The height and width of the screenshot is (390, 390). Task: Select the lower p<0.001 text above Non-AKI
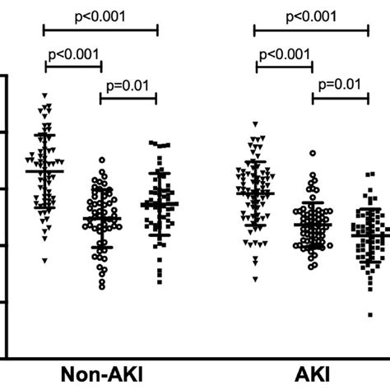click(72, 55)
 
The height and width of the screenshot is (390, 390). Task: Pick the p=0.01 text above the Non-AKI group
click(128, 83)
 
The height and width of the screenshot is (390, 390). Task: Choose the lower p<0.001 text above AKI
click(285, 55)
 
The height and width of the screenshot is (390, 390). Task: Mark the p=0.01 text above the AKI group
click(341, 83)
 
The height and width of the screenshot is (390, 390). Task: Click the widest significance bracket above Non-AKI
click(100, 30)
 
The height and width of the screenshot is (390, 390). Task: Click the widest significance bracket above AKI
click(312, 30)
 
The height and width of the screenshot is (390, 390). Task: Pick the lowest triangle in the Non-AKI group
click(46, 261)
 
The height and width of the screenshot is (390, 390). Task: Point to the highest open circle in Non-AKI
click(102, 160)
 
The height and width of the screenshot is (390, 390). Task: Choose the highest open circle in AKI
click(312, 153)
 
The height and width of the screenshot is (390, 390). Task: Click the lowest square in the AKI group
click(369, 313)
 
